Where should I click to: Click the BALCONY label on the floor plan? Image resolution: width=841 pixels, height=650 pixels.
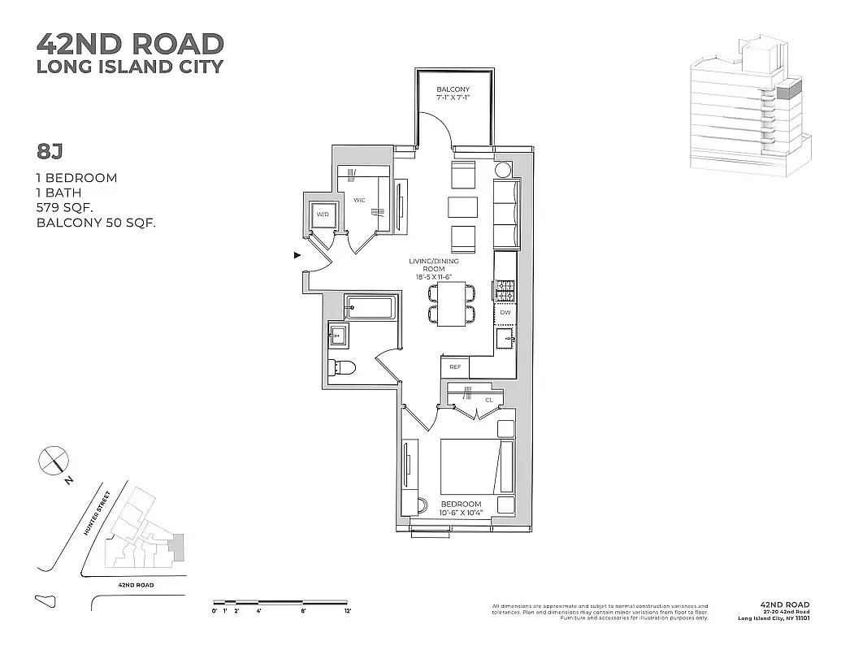(453, 89)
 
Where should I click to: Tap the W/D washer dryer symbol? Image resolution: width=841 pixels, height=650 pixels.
(323, 215)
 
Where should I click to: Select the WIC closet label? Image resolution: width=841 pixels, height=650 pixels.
(360, 199)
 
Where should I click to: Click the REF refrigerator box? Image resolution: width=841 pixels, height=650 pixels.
(455, 367)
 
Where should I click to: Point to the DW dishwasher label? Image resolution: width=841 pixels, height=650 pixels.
(505, 312)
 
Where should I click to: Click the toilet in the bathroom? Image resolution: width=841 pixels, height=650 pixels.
(341, 368)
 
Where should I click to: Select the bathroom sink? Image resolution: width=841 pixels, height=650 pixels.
(338, 333)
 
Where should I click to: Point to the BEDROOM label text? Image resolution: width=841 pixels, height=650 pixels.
(461, 504)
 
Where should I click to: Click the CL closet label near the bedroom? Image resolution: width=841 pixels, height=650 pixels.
(488, 400)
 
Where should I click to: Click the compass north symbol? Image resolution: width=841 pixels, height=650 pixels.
(52, 461)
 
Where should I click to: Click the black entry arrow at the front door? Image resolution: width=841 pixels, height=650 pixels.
(297, 255)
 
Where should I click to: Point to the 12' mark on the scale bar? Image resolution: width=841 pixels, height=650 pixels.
(348, 610)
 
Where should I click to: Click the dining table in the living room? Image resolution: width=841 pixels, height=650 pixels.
(451, 304)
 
